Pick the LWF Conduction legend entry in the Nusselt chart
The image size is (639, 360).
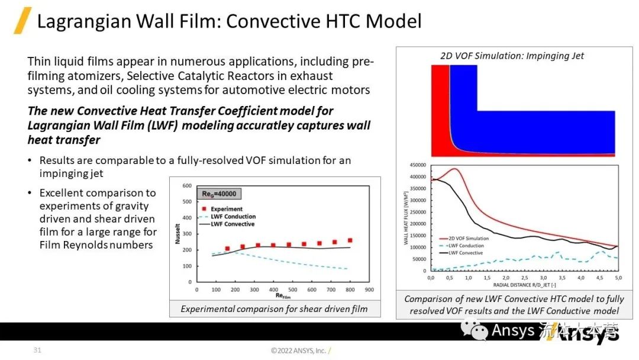(x=230, y=217)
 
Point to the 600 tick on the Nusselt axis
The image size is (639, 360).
(x=186, y=186)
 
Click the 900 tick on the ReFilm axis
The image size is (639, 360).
(x=369, y=290)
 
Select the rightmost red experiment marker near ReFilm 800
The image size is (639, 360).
(x=350, y=240)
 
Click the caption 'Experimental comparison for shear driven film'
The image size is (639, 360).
(x=274, y=308)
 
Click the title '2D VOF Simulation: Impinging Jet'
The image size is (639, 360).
(x=512, y=56)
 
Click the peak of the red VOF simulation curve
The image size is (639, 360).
(x=454, y=169)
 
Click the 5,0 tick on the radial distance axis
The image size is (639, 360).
(x=618, y=277)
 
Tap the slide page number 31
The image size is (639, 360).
(x=37, y=351)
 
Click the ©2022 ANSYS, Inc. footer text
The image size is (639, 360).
(x=299, y=351)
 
